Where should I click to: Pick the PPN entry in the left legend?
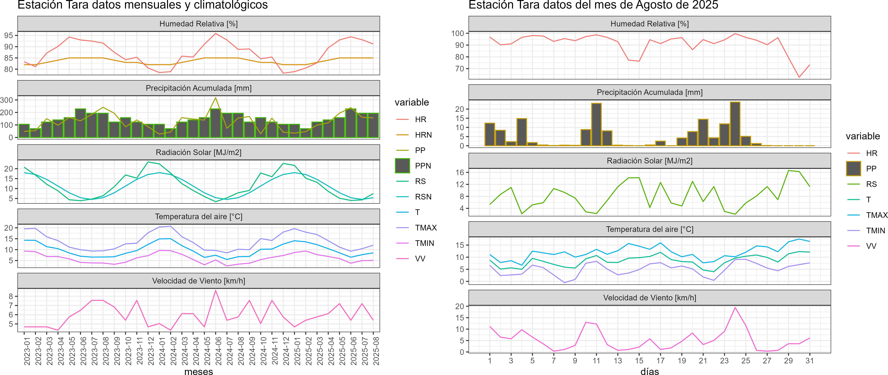423,166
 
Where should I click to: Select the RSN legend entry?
423,197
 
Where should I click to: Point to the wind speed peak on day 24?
735,307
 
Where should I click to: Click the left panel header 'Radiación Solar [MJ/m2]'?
198,152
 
